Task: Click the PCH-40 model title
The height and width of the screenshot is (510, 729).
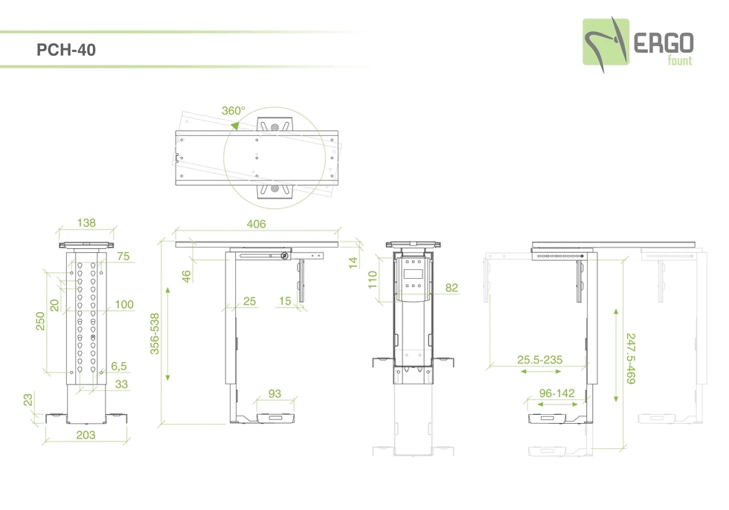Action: tap(65, 51)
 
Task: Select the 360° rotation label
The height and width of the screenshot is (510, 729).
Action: tap(233, 111)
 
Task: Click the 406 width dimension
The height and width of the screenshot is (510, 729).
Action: tap(256, 224)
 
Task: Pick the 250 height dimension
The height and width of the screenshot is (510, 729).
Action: tap(41, 320)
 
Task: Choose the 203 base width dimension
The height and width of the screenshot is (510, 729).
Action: tap(86, 435)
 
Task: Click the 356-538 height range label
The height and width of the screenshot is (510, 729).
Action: tap(155, 333)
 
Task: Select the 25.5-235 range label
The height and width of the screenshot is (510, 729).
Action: tap(539, 360)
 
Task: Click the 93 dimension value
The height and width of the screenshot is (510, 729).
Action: tap(274, 393)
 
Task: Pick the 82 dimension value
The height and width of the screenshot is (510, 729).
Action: tap(452, 288)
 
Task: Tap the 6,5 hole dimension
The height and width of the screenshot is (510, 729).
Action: tap(119, 366)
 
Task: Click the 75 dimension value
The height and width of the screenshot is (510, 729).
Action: tap(123, 256)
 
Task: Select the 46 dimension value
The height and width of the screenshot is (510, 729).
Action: tap(187, 275)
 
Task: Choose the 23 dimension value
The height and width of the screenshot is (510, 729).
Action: tap(28, 399)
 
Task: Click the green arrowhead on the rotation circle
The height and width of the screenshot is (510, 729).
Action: tap(235, 126)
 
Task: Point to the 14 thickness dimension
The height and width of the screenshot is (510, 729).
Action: tap(353, 262)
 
